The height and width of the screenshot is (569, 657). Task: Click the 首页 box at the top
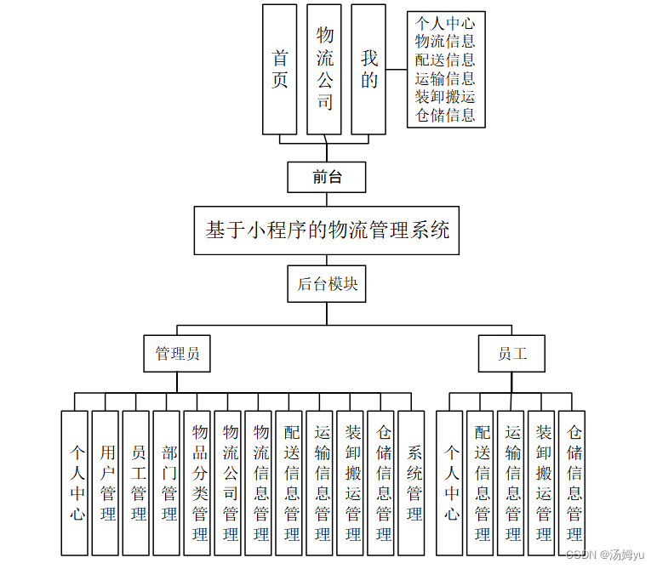(279, 69)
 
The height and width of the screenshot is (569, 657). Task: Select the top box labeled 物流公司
(324, 69)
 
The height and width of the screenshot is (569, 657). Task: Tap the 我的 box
(368, 69)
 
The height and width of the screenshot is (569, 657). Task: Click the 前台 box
(327, 177)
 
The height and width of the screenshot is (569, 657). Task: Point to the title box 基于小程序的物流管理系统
(327, 230)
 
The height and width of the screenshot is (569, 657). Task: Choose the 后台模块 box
(327, 284)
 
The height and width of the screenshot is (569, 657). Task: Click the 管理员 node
(177, 354)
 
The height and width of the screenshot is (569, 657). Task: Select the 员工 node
(511, 354)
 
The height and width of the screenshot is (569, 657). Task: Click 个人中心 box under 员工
(451, 482)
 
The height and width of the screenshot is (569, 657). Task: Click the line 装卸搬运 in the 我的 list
(445, 97)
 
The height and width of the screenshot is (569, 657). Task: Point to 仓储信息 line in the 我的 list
(445, 116)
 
